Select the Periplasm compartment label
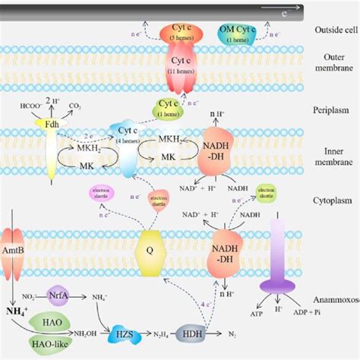pyautogui.click(x=331, y=111)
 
